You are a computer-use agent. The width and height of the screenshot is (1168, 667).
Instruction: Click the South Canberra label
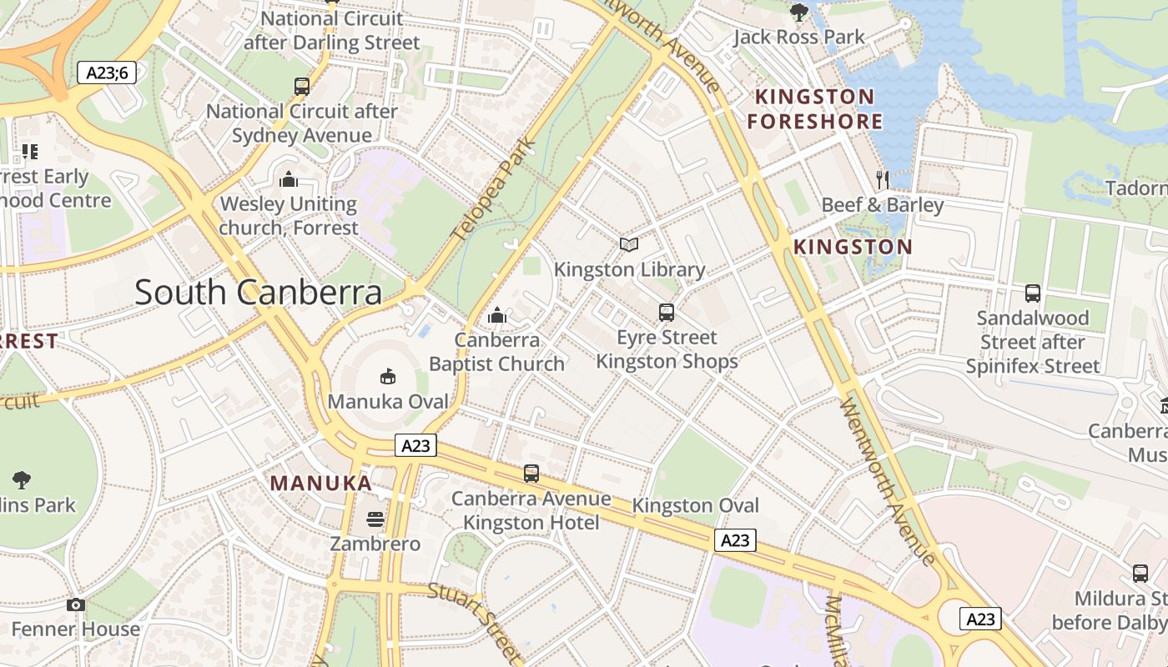[258, 293]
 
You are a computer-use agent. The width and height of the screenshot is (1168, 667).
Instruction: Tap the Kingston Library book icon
[629, 244]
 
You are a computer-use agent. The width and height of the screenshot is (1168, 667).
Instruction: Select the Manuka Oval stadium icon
[388, 377]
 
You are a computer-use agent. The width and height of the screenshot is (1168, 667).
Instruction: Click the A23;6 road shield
[108, 73]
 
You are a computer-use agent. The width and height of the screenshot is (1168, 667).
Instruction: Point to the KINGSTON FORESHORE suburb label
[814, 109]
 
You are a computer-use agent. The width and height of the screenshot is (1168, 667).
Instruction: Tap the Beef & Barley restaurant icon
[883, 179]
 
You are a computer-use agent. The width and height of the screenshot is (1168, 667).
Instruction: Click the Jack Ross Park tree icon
[798, 12]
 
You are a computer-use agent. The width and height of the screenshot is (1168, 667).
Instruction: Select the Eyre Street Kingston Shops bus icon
[666, 313]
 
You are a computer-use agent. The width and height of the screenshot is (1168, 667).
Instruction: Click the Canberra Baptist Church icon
[497, 315]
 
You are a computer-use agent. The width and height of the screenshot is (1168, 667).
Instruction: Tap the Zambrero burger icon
[375, 519]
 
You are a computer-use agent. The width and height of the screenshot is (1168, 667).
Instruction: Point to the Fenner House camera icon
[76, 604]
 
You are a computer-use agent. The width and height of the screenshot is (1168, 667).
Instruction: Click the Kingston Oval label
[695, 505]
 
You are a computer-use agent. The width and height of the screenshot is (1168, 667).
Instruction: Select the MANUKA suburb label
[320, 483]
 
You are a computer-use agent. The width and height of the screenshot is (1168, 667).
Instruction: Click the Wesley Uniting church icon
[289, 179]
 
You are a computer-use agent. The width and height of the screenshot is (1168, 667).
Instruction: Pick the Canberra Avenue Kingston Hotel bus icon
[531, 474]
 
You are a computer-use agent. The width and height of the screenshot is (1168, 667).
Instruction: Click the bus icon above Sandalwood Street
[1033, 293]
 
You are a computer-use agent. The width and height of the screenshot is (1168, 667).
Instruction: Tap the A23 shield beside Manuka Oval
[415, 446]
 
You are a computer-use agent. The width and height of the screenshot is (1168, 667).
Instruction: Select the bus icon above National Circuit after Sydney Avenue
[302, 86]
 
